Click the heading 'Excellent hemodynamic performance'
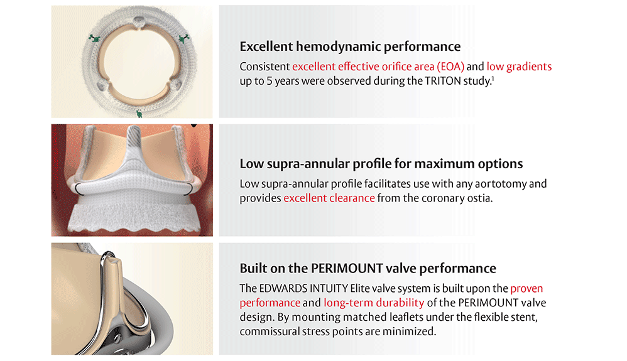[x=350, y=47]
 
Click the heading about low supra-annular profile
[x=381, y=164]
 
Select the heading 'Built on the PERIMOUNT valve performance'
[x=368, y=269]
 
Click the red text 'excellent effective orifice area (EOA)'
[x=378, y=67]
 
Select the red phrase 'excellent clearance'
[x=329, y=198]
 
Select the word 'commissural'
[x=273, y=331]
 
